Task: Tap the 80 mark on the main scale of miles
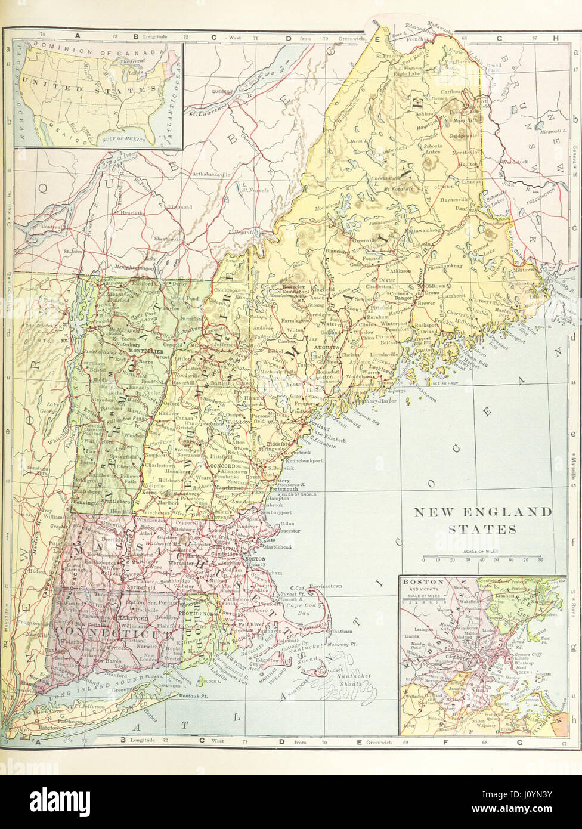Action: coord(540,559)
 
